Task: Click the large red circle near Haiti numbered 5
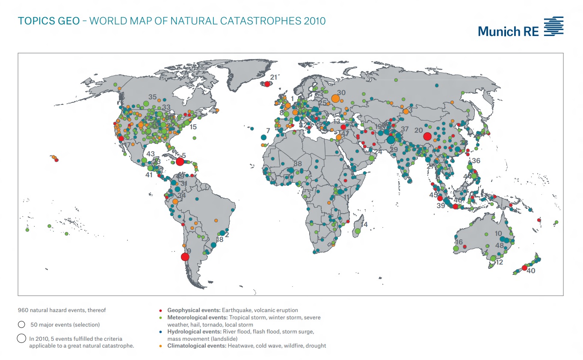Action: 180,161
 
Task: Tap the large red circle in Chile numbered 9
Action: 185,257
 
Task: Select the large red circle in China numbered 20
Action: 427,137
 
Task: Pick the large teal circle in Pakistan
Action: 391,140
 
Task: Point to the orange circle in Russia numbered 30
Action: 336,98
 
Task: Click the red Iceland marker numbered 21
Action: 268,84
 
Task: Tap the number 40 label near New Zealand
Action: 531,271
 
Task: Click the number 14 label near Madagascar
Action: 364,224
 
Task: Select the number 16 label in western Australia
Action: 459,242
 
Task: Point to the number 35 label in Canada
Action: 153,97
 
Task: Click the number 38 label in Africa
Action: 298,164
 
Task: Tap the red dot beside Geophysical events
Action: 160,310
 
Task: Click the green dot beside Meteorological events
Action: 160,318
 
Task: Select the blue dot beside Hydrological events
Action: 160,332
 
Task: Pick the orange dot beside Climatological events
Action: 160,346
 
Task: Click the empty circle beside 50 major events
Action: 21,324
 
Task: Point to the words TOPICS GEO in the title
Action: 48,21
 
